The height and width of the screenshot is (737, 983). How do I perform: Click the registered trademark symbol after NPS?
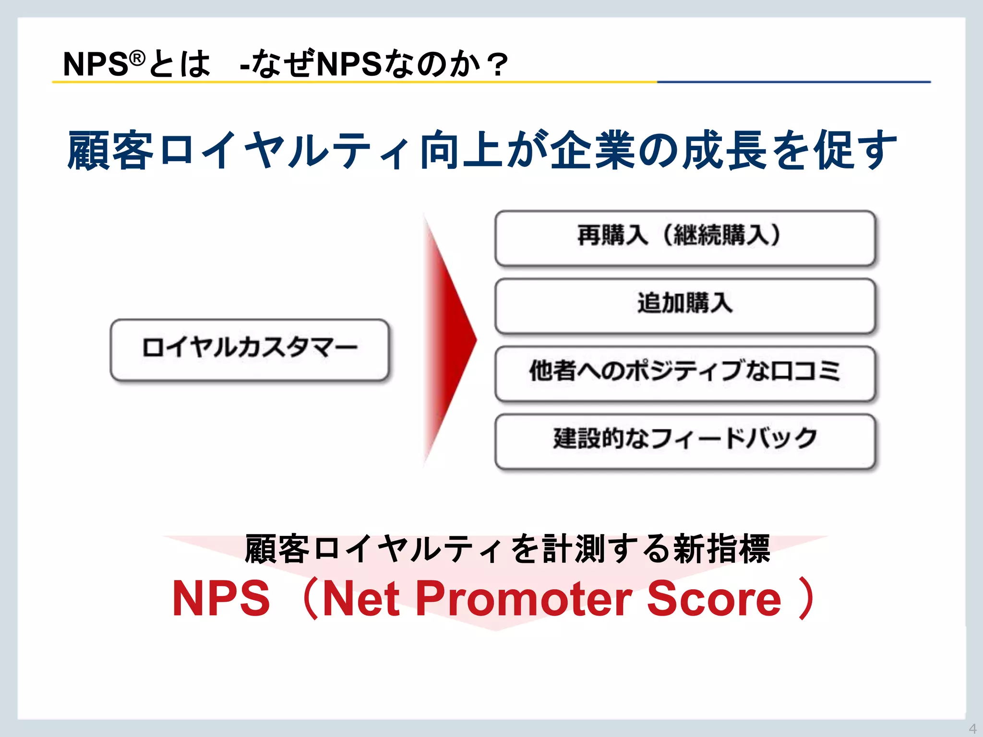click(137, 58)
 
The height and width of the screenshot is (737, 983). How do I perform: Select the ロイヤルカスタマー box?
click(250, 349)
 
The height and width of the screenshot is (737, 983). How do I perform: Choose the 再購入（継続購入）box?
click(685, 238)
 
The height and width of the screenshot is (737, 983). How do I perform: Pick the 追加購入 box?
click(685, 305)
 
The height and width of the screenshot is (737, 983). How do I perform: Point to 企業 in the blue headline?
click(593, 150)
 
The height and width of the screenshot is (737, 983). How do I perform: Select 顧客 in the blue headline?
click(110, 150)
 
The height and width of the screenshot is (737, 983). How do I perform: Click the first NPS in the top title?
click(96, 64)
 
